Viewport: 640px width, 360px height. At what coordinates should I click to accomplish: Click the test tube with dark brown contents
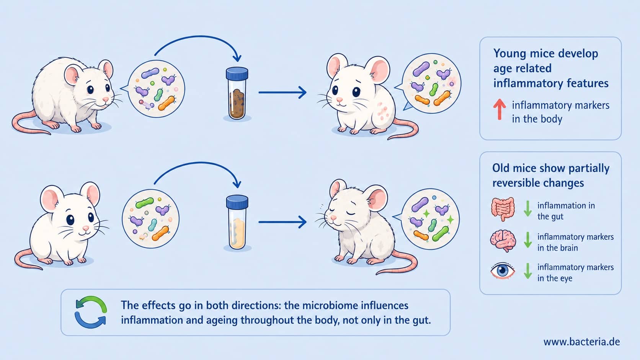click(237, 93)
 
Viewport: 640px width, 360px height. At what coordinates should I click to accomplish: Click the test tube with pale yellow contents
click(237, 222)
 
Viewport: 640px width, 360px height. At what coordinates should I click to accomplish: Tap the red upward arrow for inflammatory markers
click(499, 109)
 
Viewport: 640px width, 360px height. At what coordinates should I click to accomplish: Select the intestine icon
click(503, 209)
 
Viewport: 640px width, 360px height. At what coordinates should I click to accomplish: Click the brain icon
click(503, 241)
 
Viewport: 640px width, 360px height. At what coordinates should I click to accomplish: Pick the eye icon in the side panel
click(503, 270)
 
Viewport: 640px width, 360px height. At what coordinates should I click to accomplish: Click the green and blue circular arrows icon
click(91, 312)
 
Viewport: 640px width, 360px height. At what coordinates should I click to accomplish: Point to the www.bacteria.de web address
click(581, 342)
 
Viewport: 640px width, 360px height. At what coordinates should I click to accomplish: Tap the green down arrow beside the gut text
click(527, 209)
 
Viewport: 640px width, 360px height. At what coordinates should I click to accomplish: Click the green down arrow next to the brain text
click(527, 240)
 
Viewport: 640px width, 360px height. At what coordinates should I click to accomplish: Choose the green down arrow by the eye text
click(527, 270)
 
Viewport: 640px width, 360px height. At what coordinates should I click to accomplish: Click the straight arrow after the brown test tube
click(282, 93)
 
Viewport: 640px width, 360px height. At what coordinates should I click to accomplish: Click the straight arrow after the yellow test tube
click(282, 222)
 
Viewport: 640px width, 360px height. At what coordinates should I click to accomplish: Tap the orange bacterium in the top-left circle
click(166, 103)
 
